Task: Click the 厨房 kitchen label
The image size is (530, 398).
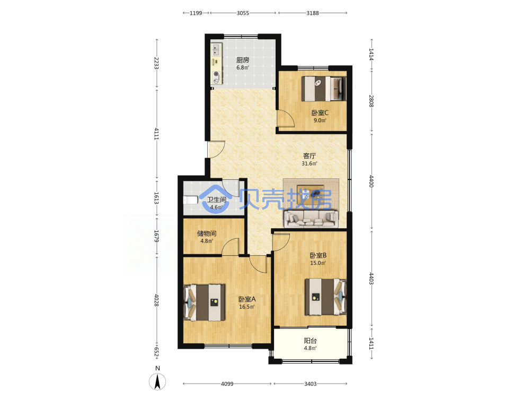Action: [x=243, y=60]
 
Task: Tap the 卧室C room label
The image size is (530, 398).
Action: [x=320, y=113]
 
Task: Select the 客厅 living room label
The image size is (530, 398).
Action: [x=310, y=156]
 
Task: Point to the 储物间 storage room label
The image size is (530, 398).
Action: [x=207, y=233]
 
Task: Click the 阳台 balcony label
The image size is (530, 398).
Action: [x=310, y=341]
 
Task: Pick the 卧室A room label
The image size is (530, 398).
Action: [x=247, y=299]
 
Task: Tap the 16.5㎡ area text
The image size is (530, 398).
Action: [x=247, y=307]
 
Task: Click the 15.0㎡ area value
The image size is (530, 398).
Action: [x=318, y=263]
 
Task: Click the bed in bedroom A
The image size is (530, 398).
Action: [x=204, y=302]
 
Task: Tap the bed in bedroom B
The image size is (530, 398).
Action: [x=326, y=297]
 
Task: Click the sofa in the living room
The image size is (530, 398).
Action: [x=311, y=219]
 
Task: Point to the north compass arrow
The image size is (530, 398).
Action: [x=157, y=382]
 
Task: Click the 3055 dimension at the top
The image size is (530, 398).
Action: [x=243, y=13]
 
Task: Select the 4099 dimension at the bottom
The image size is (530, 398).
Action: [x=227, y=384]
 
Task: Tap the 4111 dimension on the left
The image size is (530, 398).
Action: [x=156, y=133]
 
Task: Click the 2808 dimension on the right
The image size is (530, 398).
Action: [x=371, y=101]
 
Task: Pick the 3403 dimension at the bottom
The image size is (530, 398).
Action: [x=310, y=384]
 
